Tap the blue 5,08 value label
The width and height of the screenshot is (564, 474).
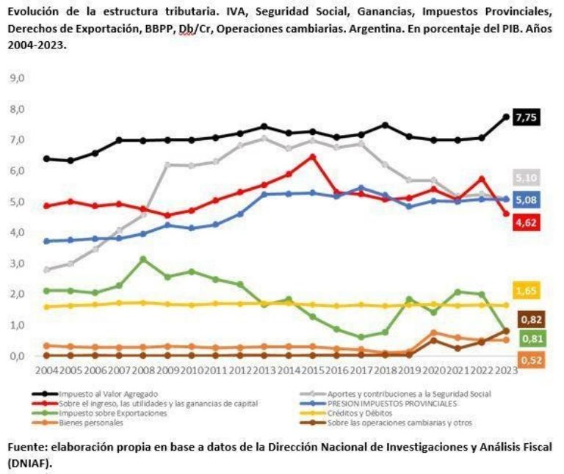527,200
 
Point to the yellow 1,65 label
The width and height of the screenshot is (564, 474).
527,291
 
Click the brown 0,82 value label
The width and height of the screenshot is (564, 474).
532,319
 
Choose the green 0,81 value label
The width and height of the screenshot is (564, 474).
532,338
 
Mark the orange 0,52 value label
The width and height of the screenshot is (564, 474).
527,360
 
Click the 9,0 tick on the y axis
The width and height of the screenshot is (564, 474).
17,78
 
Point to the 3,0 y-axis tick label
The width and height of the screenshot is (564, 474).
17,263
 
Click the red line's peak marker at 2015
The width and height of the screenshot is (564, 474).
312,157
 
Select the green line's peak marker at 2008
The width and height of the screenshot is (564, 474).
143,259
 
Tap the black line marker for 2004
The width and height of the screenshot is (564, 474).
48,158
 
